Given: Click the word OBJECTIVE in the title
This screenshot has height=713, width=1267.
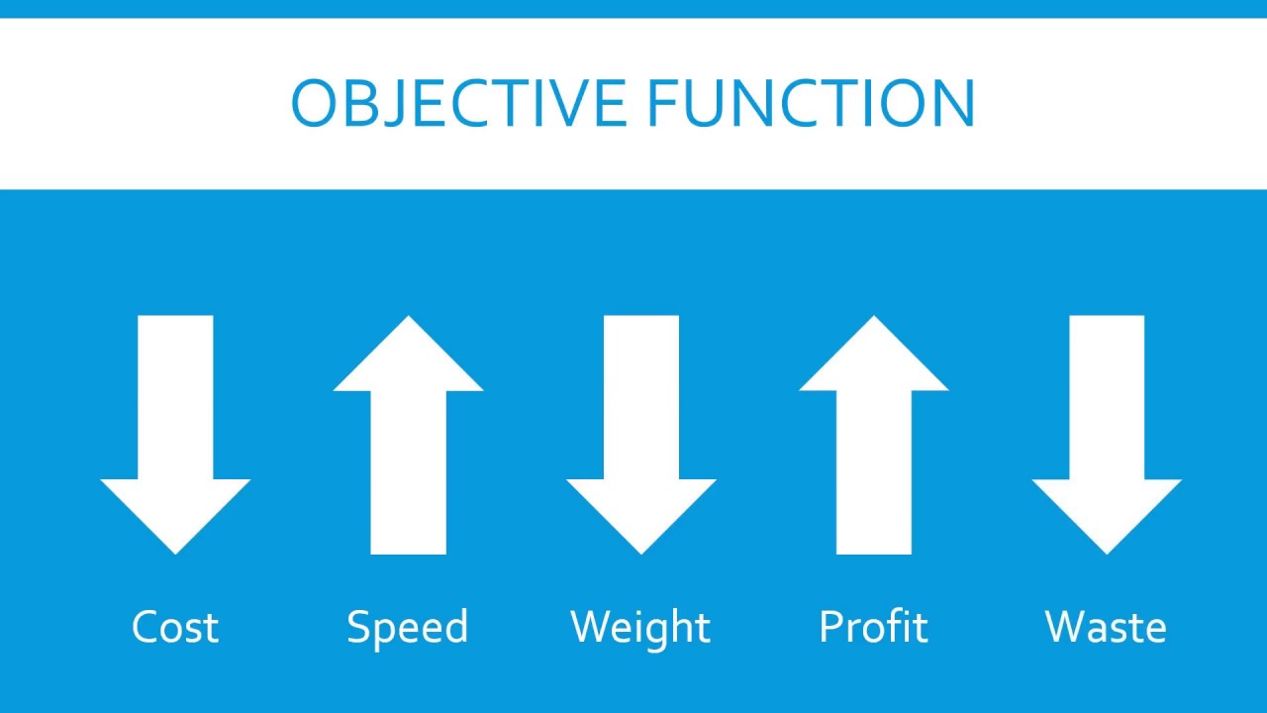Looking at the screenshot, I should (458, 102).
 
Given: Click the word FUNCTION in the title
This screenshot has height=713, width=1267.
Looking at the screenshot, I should (811, 102).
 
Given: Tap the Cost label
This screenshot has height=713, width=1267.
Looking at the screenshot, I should (175, 627).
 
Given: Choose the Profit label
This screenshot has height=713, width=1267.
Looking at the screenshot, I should (874, 627).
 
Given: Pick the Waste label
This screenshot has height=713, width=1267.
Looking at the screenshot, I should (1106, 627).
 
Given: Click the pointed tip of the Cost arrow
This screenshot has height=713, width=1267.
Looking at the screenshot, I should (175, 548).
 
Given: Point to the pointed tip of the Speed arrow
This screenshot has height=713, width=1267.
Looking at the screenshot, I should (408, 322).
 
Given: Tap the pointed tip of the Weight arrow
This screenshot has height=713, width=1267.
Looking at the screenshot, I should (641, 548).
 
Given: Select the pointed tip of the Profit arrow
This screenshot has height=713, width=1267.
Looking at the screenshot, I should (874, 322).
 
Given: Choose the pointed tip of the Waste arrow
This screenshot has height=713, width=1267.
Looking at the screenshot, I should (1107, 548).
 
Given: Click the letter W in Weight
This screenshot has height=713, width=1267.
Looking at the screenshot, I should (591, 627).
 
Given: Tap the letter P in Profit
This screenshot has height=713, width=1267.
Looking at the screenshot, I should (830, 627).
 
